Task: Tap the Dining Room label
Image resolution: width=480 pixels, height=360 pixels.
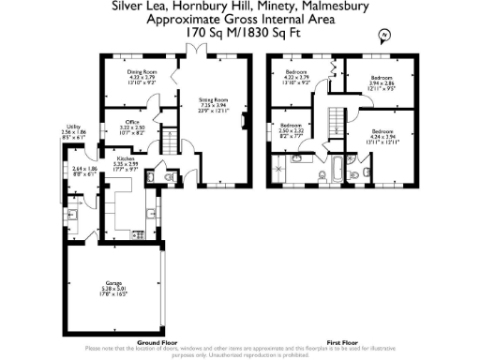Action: point(142,70)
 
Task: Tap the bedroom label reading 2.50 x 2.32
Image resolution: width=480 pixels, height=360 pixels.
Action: point(292,130)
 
